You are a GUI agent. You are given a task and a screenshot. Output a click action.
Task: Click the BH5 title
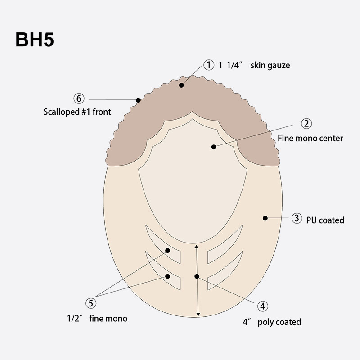tap(35, 40)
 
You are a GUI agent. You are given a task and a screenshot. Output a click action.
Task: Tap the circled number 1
tap(209, 65)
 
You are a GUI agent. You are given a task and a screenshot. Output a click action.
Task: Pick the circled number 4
tap(263, 306)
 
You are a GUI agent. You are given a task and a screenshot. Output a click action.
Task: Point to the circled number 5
tap(91, 302)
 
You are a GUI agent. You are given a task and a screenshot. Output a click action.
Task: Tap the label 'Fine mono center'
tap(310, 138)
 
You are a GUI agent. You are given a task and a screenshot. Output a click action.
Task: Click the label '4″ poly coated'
tap(271, 322)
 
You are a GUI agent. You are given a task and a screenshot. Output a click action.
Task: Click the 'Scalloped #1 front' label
tap(77, 112)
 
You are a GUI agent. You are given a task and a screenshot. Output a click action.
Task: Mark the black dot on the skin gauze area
tap(181, 85)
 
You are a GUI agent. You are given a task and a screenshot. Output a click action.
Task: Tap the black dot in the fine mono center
tap(214, 147)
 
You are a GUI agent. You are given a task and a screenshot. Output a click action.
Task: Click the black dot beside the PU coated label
tap(265, 218)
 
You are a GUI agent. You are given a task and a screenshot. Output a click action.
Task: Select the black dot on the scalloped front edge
tap(138, 100)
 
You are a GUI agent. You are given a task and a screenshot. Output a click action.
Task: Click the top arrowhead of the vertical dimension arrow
tap(196, 246)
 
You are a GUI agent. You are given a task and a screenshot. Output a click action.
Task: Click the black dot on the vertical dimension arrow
tap(197, 276)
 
